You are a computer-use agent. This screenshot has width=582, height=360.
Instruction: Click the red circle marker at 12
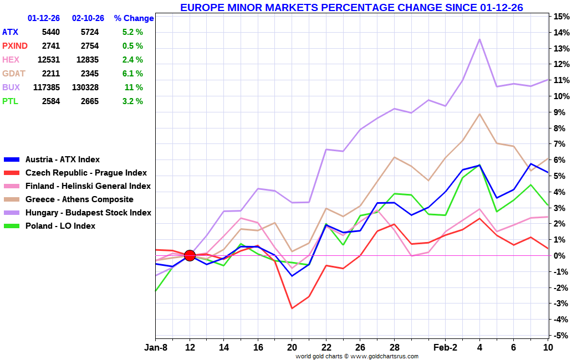point(190,255)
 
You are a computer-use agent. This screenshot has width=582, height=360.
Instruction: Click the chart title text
point(351,7)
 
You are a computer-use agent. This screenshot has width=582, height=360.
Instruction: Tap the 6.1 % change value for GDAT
point(132,74)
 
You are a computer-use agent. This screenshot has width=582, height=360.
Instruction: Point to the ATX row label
point(10,32)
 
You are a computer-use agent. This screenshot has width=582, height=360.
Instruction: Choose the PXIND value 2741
point(50,46)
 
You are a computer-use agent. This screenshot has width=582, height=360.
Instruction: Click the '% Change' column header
point(134,18)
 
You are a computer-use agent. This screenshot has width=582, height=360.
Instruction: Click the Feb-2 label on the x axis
point(445,348)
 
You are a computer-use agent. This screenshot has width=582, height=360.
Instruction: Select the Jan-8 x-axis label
point(156,348)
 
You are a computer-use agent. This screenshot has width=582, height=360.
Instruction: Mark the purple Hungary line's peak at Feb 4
point(479,39)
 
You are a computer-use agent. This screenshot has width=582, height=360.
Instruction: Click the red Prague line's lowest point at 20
point(292,308)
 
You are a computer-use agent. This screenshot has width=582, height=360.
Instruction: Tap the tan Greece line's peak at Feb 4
point(479,114)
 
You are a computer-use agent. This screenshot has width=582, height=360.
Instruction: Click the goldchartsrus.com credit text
point(356,356)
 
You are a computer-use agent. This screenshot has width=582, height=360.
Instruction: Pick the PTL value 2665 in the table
point(88,101)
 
